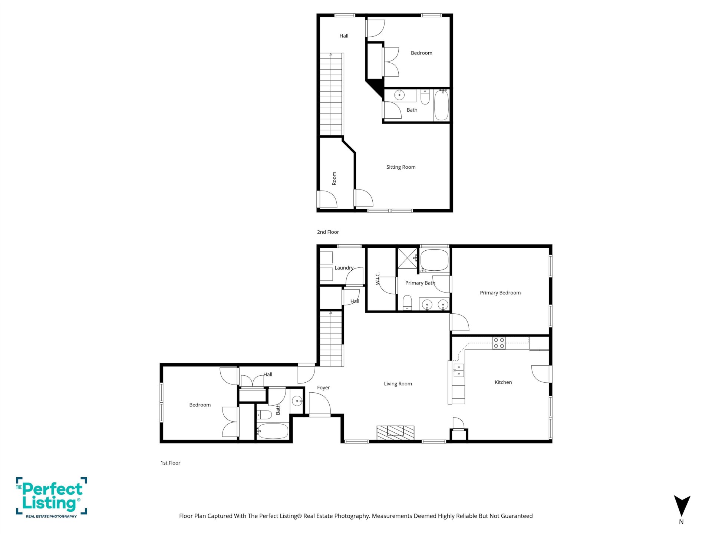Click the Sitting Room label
coord(401,167)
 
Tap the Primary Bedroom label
coord(500,293)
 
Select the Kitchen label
coord(503,382)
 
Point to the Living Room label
coord(398,384)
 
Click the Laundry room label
coord(344,268)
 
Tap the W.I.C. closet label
coord(378,278)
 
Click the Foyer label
coord(323,388)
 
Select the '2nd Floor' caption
coord(328,232)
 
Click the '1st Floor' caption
coord(170,463)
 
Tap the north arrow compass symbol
coord(682,506)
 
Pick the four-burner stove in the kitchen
coord(499,343)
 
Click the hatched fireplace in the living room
coord(395,433)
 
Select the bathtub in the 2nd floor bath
coord(441,105)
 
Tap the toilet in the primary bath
coord(407,303)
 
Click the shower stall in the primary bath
coord(407,258)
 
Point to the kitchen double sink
coord(459,370)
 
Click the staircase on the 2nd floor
coord(331,95)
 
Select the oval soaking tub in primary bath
coord(434,260)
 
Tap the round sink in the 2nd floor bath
coord(399,95)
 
